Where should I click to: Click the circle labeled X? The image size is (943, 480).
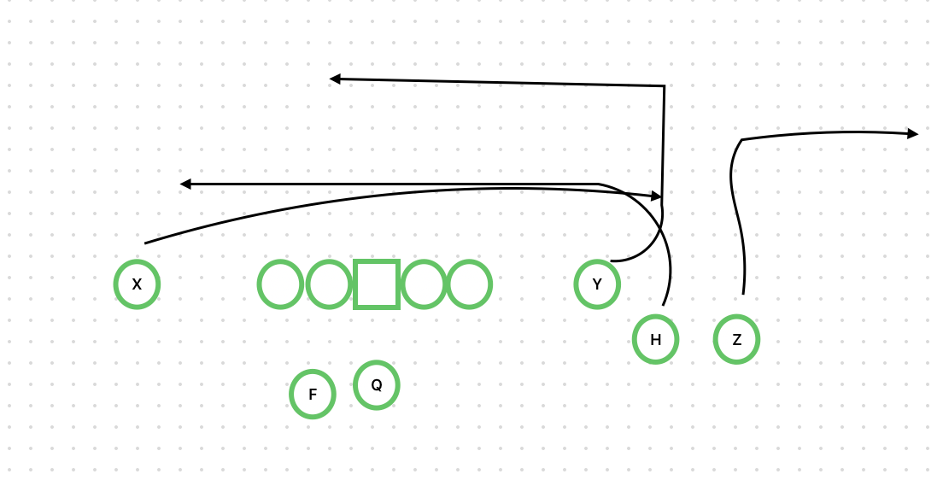[137, 284]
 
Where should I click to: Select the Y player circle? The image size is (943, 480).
[597, 284]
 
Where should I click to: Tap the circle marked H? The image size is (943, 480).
[655, 339]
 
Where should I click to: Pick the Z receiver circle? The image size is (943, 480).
[736, 339]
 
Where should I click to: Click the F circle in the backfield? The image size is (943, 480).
[313, 394]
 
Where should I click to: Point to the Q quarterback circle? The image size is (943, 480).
[376, 385]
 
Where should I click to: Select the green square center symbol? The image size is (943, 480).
[377, 284]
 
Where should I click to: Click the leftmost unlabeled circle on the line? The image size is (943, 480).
[281, 284]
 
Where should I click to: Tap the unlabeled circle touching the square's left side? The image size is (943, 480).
[329, 284]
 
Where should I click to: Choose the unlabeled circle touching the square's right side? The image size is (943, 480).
[424, 284]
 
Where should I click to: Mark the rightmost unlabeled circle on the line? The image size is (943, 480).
[469, 284]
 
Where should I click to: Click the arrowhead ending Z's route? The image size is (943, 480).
[913, 133]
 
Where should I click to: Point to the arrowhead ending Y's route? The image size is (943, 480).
[336, 79]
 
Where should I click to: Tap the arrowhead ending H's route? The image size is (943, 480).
[185, 184]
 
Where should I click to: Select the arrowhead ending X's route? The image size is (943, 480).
[657, 196]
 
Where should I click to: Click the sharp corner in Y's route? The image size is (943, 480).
[664, 86]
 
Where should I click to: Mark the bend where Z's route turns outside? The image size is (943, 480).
[741, 139]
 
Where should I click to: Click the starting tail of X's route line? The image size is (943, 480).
[146, 243]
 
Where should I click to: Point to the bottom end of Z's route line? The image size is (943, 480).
[743, 294]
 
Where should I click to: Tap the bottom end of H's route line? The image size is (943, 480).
[664, 305]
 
